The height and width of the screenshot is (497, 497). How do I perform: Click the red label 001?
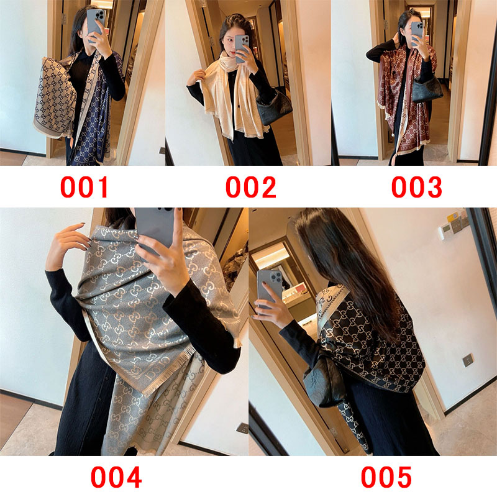click(x=84, y=188)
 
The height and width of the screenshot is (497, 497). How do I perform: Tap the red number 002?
click(x=251, y=188)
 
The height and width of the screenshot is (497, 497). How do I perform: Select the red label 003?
click(x=416, y=188)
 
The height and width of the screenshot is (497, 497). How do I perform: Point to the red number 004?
click(x=116, y=477)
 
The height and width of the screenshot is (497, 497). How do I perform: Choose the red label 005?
click(x=386, y=477)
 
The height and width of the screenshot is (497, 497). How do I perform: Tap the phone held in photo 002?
click(x=242, y=48)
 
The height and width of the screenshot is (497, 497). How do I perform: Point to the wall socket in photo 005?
click(x=468, y=360)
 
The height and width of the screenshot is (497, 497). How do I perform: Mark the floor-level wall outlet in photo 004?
click(x=242, y=428)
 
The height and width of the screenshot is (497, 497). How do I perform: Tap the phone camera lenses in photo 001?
click(x=100, y=15)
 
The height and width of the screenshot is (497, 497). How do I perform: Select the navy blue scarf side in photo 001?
click(x=95, y=121)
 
